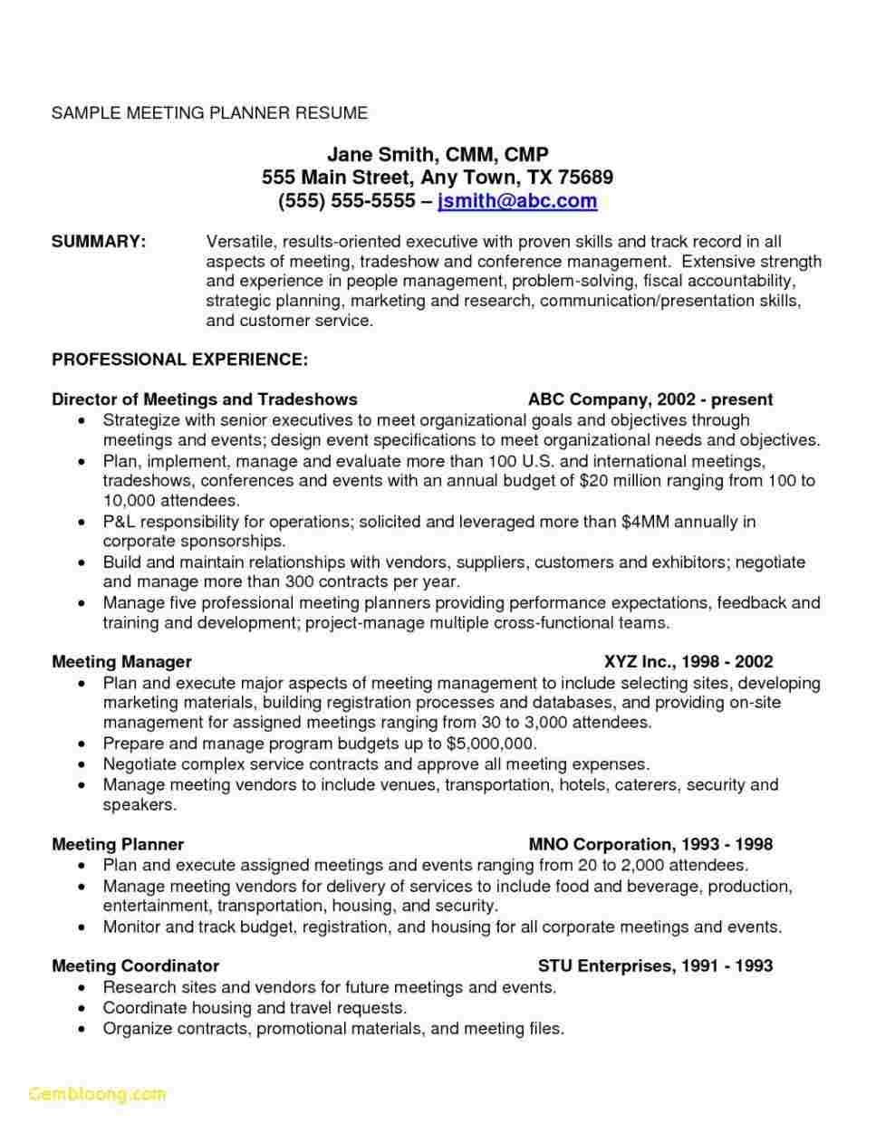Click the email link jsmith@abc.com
click(x=516, y=201)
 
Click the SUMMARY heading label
click(x=99, y=242)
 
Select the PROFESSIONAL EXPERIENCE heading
click(x=179, y=360)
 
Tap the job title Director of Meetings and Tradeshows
click(x=205, y=399)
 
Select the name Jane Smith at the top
click(x=375, y=155)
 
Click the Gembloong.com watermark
click(x=97, y=1094)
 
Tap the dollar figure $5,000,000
click(x=491, y=744)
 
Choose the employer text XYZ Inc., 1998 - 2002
click(x=688, y=662)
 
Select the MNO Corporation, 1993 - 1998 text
click(x=650, y=845)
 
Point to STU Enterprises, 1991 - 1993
click(x=655, y=966)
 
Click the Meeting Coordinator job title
click(x=136, y=966)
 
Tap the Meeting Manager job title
click(x=121, y=662)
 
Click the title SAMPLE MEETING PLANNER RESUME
click(x=209, y=113)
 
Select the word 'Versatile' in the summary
click(x=239, y=242)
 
